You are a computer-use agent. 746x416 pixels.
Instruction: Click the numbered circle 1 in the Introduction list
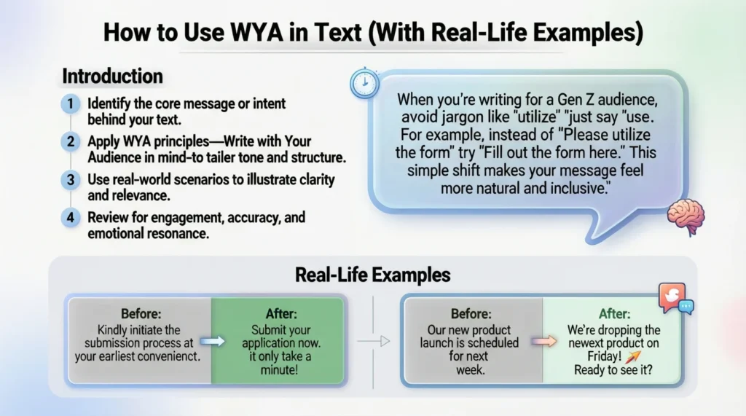coord(71,105)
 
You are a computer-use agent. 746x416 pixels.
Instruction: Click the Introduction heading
coord(112,76)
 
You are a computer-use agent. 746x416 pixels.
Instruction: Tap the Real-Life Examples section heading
coord(372,275)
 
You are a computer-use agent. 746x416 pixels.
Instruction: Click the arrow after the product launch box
coord(538,340)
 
